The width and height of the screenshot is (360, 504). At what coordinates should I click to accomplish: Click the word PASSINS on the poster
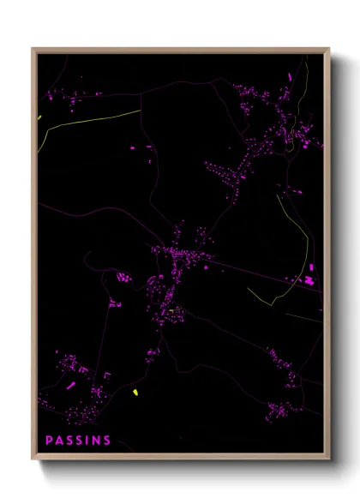point(78,441)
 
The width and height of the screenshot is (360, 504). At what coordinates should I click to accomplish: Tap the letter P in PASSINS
point(50,441)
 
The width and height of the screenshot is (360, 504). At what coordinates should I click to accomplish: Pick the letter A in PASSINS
point(60,441)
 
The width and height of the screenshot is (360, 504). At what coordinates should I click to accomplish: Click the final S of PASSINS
point(107,441)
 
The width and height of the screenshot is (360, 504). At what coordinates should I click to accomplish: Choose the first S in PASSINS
point(70,441)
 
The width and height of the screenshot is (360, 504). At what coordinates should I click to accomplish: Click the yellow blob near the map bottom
point(135,393)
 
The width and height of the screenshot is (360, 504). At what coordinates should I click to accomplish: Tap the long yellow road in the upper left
point(90,120)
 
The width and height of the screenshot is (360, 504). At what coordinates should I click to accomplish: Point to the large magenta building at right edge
point(309,279)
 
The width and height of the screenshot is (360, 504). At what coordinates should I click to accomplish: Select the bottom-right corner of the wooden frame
point(329,459)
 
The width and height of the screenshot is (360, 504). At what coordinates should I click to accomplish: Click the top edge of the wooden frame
point(180,49)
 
